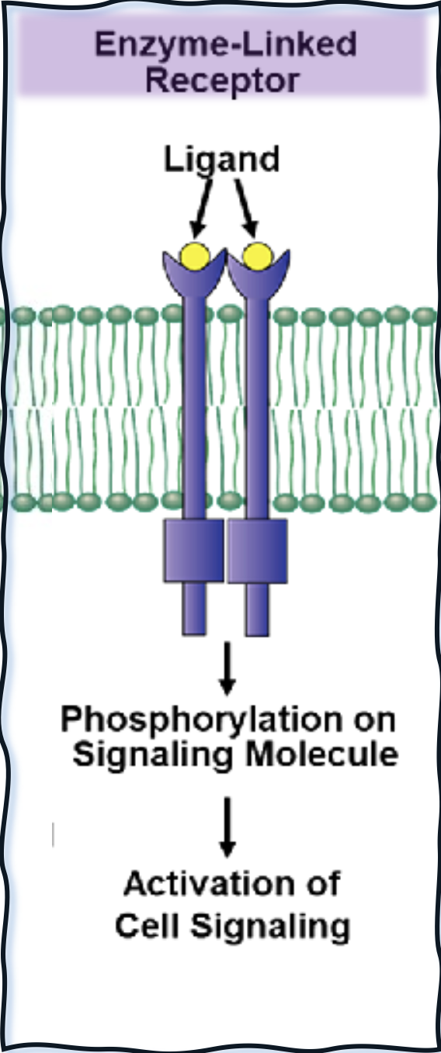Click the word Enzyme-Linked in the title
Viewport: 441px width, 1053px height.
tap(225, 44)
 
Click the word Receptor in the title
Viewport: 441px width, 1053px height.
tap(222, 81)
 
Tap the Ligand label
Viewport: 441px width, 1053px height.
tap(221, 161)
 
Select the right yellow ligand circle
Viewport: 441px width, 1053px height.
tap(257, 256)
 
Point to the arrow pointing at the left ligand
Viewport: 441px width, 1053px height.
tap(201, 209)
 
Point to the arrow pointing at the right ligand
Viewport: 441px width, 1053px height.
tap(247, 209)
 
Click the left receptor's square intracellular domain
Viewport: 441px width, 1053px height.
tap(193, 551)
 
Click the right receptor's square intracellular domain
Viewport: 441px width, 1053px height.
tap(258, 551)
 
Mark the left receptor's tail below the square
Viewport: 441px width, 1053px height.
tap(194, 609)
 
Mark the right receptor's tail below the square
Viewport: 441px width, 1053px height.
tap(257, 609)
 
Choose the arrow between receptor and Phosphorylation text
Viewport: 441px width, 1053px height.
tap(227, 668)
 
